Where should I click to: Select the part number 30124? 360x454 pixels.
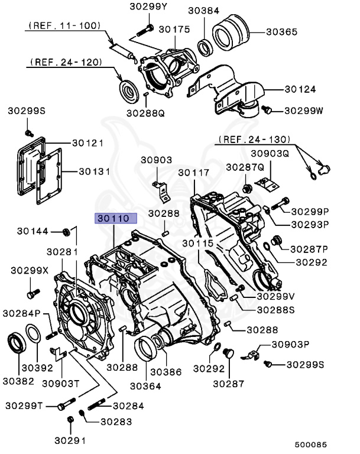click(300, 89)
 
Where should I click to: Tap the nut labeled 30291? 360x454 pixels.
click(70, 420)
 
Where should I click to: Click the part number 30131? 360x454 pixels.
click(95, 171)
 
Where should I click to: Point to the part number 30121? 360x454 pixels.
click(88, 143)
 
